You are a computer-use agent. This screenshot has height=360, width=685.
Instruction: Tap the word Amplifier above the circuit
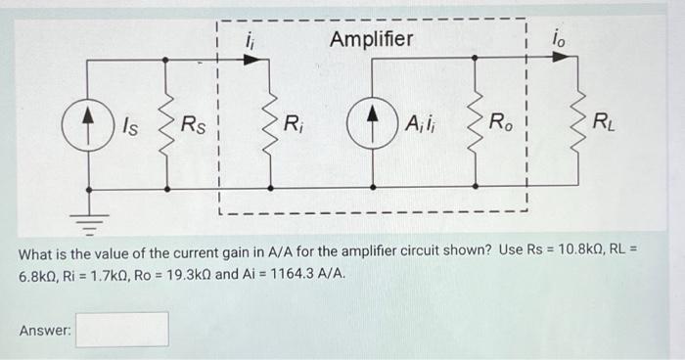click(x=371, y=40)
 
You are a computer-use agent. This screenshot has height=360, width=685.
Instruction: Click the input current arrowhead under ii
click(x=252, y=60)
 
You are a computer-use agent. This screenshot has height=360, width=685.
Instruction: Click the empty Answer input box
click(x=122, y=329)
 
